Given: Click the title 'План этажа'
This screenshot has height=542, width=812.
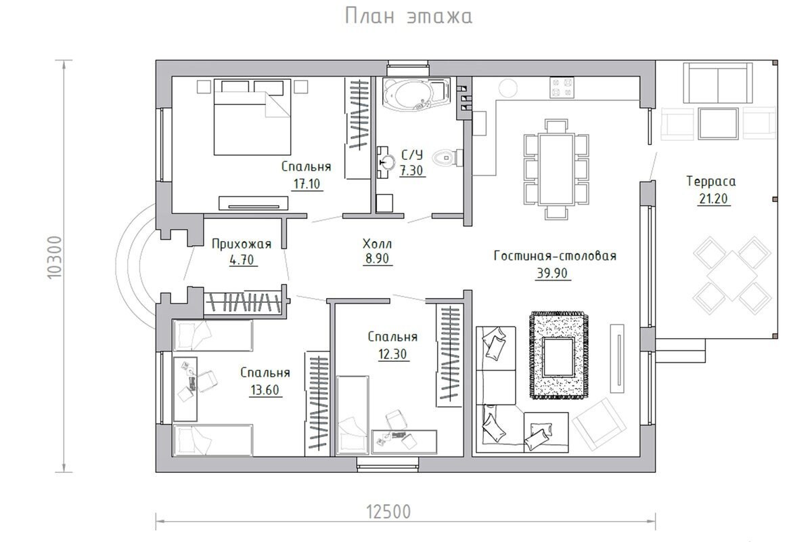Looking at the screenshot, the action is click(409, 16).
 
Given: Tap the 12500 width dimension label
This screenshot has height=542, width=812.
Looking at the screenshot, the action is click(388, 512).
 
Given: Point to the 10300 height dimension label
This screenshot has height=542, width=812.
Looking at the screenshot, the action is click(55, 257).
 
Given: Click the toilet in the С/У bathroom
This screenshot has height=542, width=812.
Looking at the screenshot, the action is click(448, 158).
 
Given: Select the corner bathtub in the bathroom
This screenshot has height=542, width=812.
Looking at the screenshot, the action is click(417, 93).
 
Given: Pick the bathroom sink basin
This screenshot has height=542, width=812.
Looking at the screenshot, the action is click(388, 162).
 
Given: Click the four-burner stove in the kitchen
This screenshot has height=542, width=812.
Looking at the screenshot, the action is click(562, 87).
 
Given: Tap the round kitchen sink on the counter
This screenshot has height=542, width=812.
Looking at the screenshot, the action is click(508, 88).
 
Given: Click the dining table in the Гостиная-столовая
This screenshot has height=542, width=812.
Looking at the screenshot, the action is click(556, 169).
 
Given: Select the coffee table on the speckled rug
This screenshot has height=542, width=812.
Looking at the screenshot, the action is click(558, 357).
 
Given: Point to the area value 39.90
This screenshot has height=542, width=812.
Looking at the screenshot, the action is click(552, 273).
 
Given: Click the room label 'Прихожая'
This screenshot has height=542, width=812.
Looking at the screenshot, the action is click(242, 244).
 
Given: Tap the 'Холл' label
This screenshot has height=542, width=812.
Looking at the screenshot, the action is click(377, 244).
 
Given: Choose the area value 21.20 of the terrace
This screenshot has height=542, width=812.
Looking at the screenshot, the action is click(713, 199).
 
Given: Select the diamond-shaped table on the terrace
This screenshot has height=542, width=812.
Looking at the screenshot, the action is click(732, 276).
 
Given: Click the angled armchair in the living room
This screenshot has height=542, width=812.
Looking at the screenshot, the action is click(599, 423).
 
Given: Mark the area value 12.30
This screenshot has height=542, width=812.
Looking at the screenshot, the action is click(392, 354).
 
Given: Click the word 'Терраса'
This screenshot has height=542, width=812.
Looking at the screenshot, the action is click(711, 182).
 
